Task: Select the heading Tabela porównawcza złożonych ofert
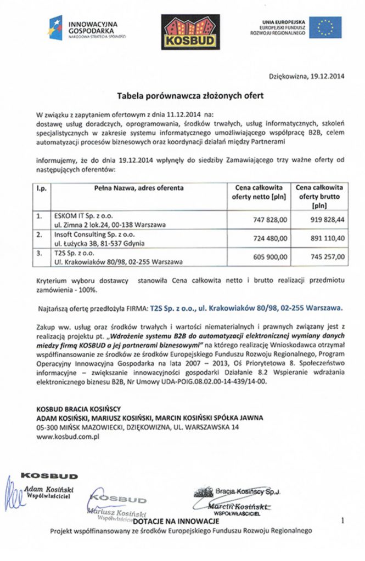pos(190,95)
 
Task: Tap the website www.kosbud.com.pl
pos(67,437)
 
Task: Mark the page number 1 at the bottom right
pos(342,521)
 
